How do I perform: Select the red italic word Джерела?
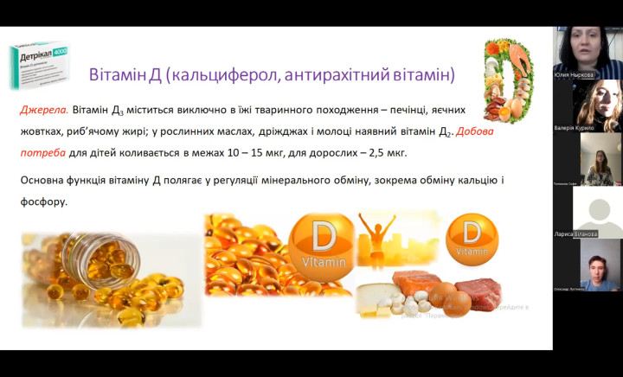pyautogui.click(x=43, y=111)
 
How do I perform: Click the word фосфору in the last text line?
pyautogui.click(x=41, y=201)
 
